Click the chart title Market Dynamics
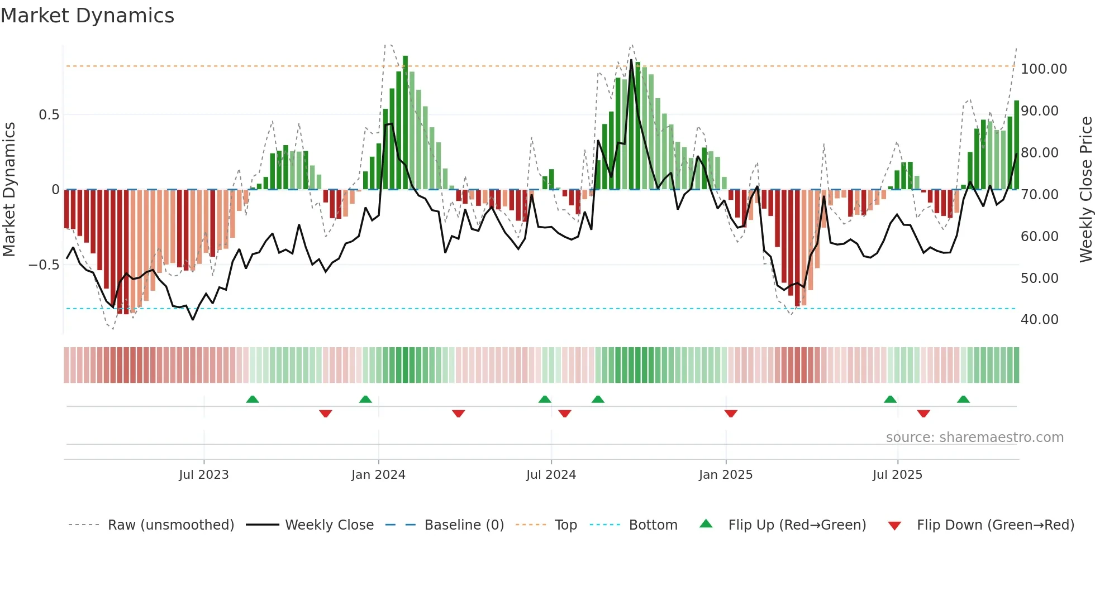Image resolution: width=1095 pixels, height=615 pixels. click(88, 16)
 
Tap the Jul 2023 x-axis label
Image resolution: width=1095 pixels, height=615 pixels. click(204, 475)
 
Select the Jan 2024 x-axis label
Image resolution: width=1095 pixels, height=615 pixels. click(378, 475)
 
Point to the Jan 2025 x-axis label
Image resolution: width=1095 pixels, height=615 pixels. click(726, 475)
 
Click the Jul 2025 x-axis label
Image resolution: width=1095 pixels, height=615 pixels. click(897, 475)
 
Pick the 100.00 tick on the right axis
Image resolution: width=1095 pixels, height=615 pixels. click(1044, 69)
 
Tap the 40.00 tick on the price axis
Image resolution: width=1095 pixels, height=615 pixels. click(1039, 320)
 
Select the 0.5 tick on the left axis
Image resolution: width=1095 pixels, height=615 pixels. click(49, 115)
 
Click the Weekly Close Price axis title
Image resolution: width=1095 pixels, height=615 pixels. click(1086, 190)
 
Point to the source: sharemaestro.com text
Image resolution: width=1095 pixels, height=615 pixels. click(974, 438)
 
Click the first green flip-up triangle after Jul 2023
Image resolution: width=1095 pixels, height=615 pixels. click(253, 400)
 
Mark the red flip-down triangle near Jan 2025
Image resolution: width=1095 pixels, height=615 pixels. click(731, 414)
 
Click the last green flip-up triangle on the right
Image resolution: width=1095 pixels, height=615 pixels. click(963, 400)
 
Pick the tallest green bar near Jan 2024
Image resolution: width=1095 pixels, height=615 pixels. click(406, 123)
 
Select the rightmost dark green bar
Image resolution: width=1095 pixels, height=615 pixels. click(1017, 145)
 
